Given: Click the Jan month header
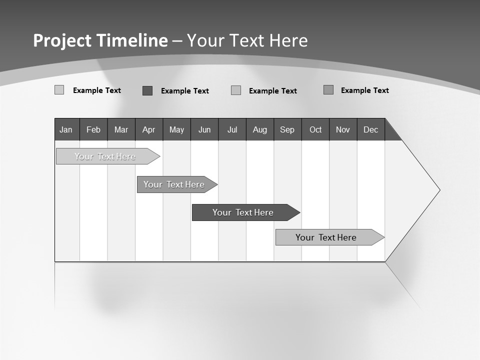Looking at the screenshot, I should tap(66, 130).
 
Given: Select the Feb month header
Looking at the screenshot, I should tap(93, 130).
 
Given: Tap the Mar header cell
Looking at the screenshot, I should tap(121, 130).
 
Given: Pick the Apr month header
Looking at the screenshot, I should tap(149, 130).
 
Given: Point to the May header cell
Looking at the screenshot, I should tap(176, 130).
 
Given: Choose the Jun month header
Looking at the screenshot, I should tap(204, 130).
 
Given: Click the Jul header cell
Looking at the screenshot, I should tap(232, 130).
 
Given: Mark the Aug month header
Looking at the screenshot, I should tap(260, 130).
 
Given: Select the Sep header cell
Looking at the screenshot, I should tap(287, 130).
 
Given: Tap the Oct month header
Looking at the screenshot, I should tap(315, 130).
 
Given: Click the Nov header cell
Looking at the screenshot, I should tap(343, 130).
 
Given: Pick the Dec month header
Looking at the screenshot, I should tap(371, 130).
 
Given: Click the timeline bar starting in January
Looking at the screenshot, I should tap(105, 156).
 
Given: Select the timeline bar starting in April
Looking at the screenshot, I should tap(174, 184).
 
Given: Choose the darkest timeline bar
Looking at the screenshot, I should tap(243, 212).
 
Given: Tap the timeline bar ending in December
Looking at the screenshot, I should tap(326, 237).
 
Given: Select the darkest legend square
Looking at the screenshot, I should tap(147, 90).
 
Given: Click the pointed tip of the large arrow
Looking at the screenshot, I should tap(439, 190).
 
